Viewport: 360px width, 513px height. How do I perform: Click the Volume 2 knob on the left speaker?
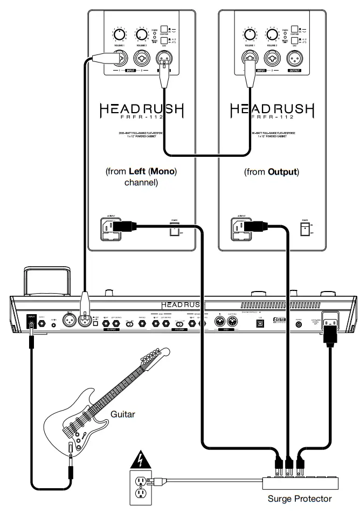[x=142, y=36]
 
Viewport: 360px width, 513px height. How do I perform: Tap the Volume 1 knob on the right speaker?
[x=249, y=36]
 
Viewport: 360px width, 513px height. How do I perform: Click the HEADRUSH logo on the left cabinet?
[x=141, y=112]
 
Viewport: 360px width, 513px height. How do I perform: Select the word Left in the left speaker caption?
[x=139, y=172]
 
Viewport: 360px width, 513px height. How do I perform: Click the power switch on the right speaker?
[x=304, y=230]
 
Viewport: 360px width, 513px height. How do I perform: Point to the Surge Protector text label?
[x=300, y=499]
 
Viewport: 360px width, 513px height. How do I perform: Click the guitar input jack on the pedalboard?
[x=31, y=324]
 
